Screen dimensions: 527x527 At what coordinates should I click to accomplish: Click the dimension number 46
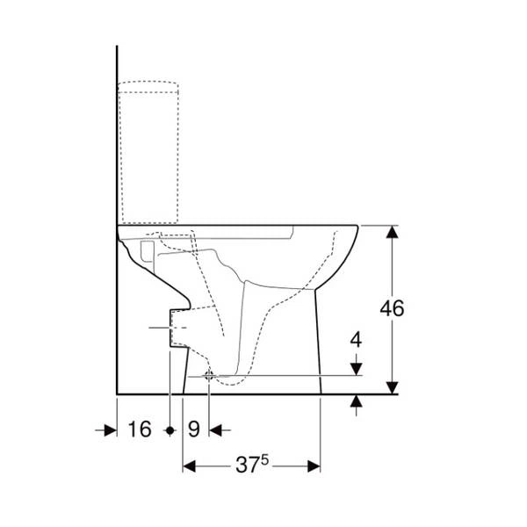pos(392,308)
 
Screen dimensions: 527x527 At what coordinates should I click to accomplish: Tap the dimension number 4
pos(356,340)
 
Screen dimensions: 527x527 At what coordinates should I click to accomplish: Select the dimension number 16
pos(140,430)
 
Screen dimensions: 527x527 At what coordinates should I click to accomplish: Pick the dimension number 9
pos(194,430)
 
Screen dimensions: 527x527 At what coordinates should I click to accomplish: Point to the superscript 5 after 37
pos(265,459)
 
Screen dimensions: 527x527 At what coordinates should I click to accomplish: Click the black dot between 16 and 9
pos(170,430)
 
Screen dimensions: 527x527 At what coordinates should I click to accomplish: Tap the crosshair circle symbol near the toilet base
pos(209,376)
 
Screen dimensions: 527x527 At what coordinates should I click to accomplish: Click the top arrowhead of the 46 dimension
pos(393,232)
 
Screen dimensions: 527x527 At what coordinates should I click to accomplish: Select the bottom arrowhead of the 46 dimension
pos(393,387)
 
